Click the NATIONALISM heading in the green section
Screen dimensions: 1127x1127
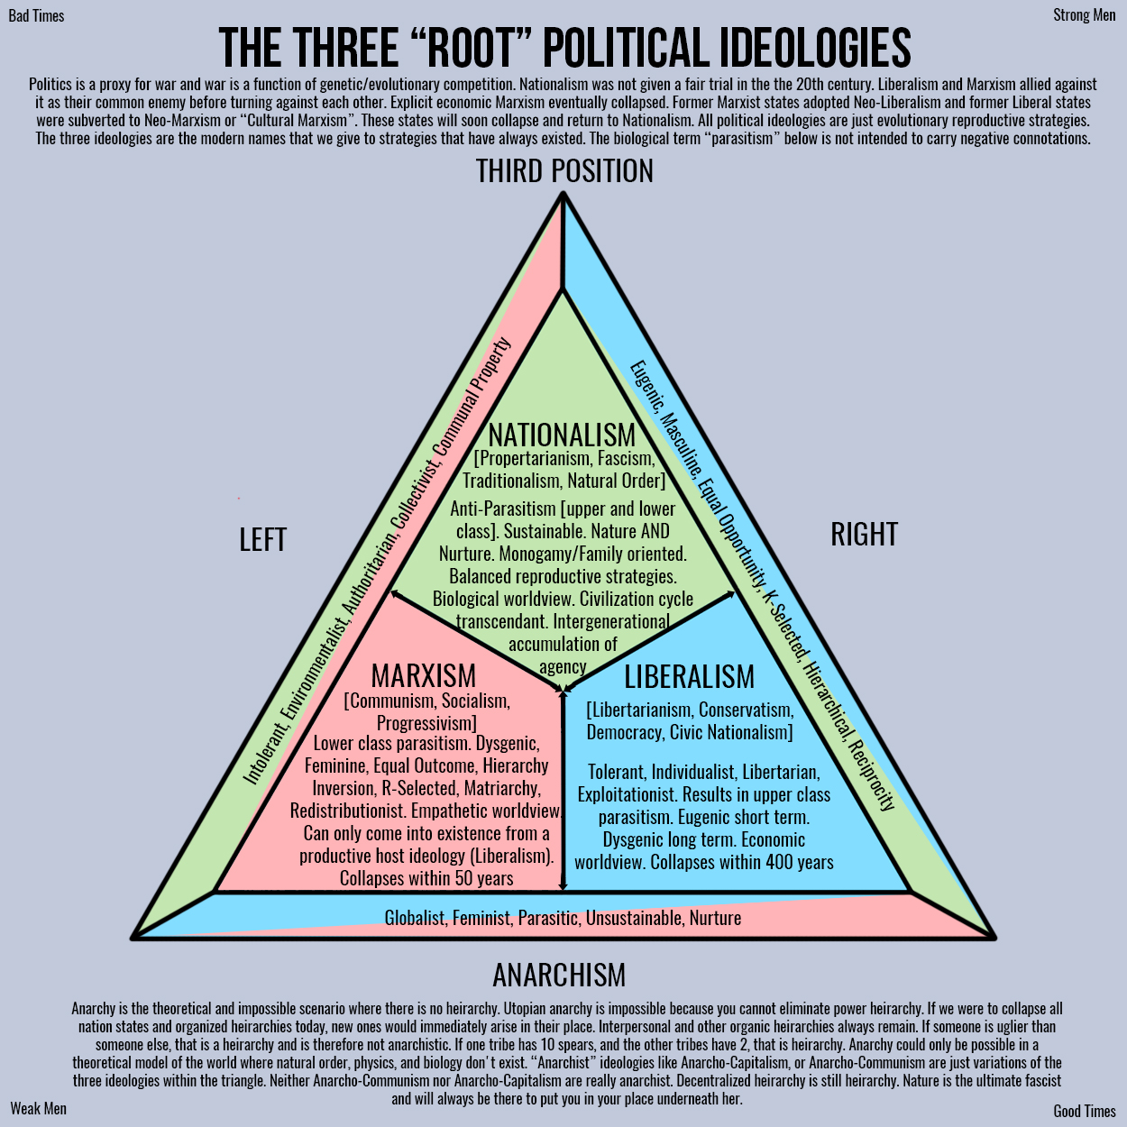[x=562, y=435]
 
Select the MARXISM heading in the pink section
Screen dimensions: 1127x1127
[x=424, y=676]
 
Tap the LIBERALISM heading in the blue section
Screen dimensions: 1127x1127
[x=689, y=677]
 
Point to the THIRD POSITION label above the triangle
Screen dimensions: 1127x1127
[x=564, y=170]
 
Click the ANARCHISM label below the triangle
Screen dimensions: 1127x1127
[x=559, y=975]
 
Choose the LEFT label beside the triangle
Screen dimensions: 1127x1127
[x=262, y=539]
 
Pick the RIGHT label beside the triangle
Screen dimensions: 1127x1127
[x=864, y=535]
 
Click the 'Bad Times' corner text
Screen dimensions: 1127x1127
[x=36, y=16]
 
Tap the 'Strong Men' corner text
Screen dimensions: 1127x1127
[x=1085, y=15]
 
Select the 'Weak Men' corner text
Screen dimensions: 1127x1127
[x=39, y=1108]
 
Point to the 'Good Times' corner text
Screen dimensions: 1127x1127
[x=1085, y=1111]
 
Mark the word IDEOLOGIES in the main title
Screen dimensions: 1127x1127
[x=815, y=48]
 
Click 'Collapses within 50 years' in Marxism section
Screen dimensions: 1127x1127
[x=426, y=878]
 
